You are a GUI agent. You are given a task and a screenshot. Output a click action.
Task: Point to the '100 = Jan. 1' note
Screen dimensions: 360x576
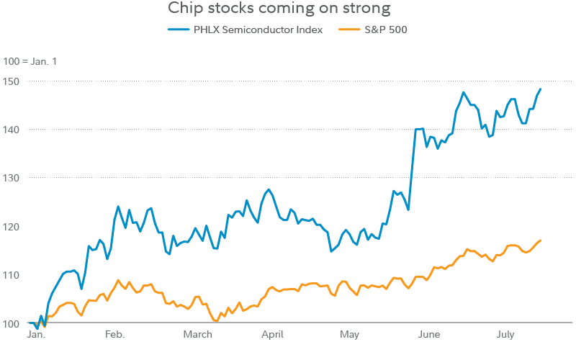tap(30, 61)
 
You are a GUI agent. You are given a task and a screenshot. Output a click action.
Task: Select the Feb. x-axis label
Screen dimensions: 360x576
tap(114, 335)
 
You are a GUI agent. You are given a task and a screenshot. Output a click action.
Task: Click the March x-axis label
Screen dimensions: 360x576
tap(197, 335)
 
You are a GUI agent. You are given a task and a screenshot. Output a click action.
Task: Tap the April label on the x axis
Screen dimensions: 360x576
tap(273, 335)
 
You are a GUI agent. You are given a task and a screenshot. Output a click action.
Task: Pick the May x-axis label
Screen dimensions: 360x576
tap(349, 335)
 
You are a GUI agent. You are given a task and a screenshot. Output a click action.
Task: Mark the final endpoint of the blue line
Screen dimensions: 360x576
tap(540, 89)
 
